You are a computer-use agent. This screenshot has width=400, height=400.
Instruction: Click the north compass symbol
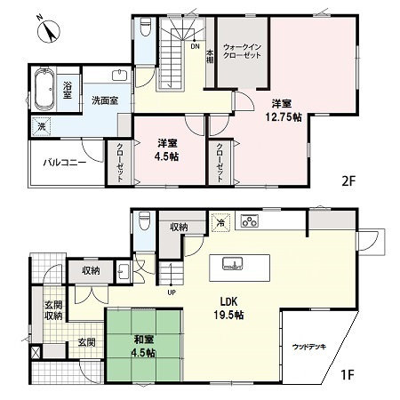49,30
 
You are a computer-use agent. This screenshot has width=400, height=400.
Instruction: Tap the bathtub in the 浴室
44,89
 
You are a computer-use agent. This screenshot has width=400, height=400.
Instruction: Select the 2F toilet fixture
145,27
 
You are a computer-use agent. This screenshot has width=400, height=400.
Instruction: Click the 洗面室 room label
105,100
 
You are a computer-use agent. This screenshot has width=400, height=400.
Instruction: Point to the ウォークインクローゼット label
242,51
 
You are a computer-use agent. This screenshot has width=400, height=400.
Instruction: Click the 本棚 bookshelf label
210,56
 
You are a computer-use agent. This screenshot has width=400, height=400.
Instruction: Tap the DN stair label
195,46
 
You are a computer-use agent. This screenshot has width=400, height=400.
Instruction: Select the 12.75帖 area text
284,117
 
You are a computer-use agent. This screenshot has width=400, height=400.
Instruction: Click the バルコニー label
65,163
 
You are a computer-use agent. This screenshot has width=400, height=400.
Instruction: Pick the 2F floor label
348,181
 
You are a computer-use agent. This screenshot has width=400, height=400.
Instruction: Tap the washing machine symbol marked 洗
42,126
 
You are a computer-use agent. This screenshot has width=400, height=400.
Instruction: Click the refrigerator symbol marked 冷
220,222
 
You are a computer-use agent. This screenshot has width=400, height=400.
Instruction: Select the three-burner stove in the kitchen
250,220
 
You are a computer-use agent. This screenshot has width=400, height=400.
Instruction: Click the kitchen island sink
233,263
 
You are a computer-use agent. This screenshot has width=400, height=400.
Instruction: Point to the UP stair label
172,292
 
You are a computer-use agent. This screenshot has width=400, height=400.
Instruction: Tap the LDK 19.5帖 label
228,308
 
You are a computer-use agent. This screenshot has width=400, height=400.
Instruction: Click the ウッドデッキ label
309,347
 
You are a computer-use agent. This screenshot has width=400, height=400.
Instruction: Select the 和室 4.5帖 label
143,346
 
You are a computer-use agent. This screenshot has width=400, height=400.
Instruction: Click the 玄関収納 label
53,310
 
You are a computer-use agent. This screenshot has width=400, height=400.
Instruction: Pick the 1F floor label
348,375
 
